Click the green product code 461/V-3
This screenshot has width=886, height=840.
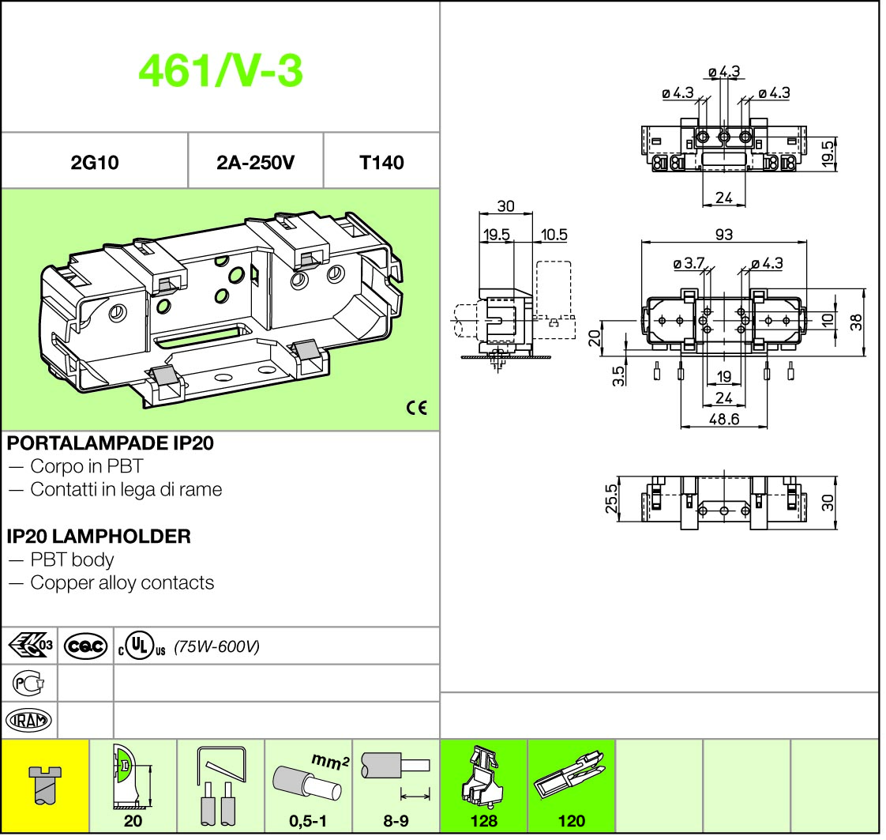click(x=220, y=70)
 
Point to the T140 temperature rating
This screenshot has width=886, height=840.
click(x=381, y=163)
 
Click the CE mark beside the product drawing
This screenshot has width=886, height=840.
click(x=417, y=408)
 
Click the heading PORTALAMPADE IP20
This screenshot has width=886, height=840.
click(x=111, y=443)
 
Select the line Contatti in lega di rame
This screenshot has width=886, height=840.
click(x=126, y=489)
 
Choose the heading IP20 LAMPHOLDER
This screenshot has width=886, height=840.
click(x=99, y=536)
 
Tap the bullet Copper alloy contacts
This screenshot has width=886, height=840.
click(x=122, y=583)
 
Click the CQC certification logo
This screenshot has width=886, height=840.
click(x=85, y=646)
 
